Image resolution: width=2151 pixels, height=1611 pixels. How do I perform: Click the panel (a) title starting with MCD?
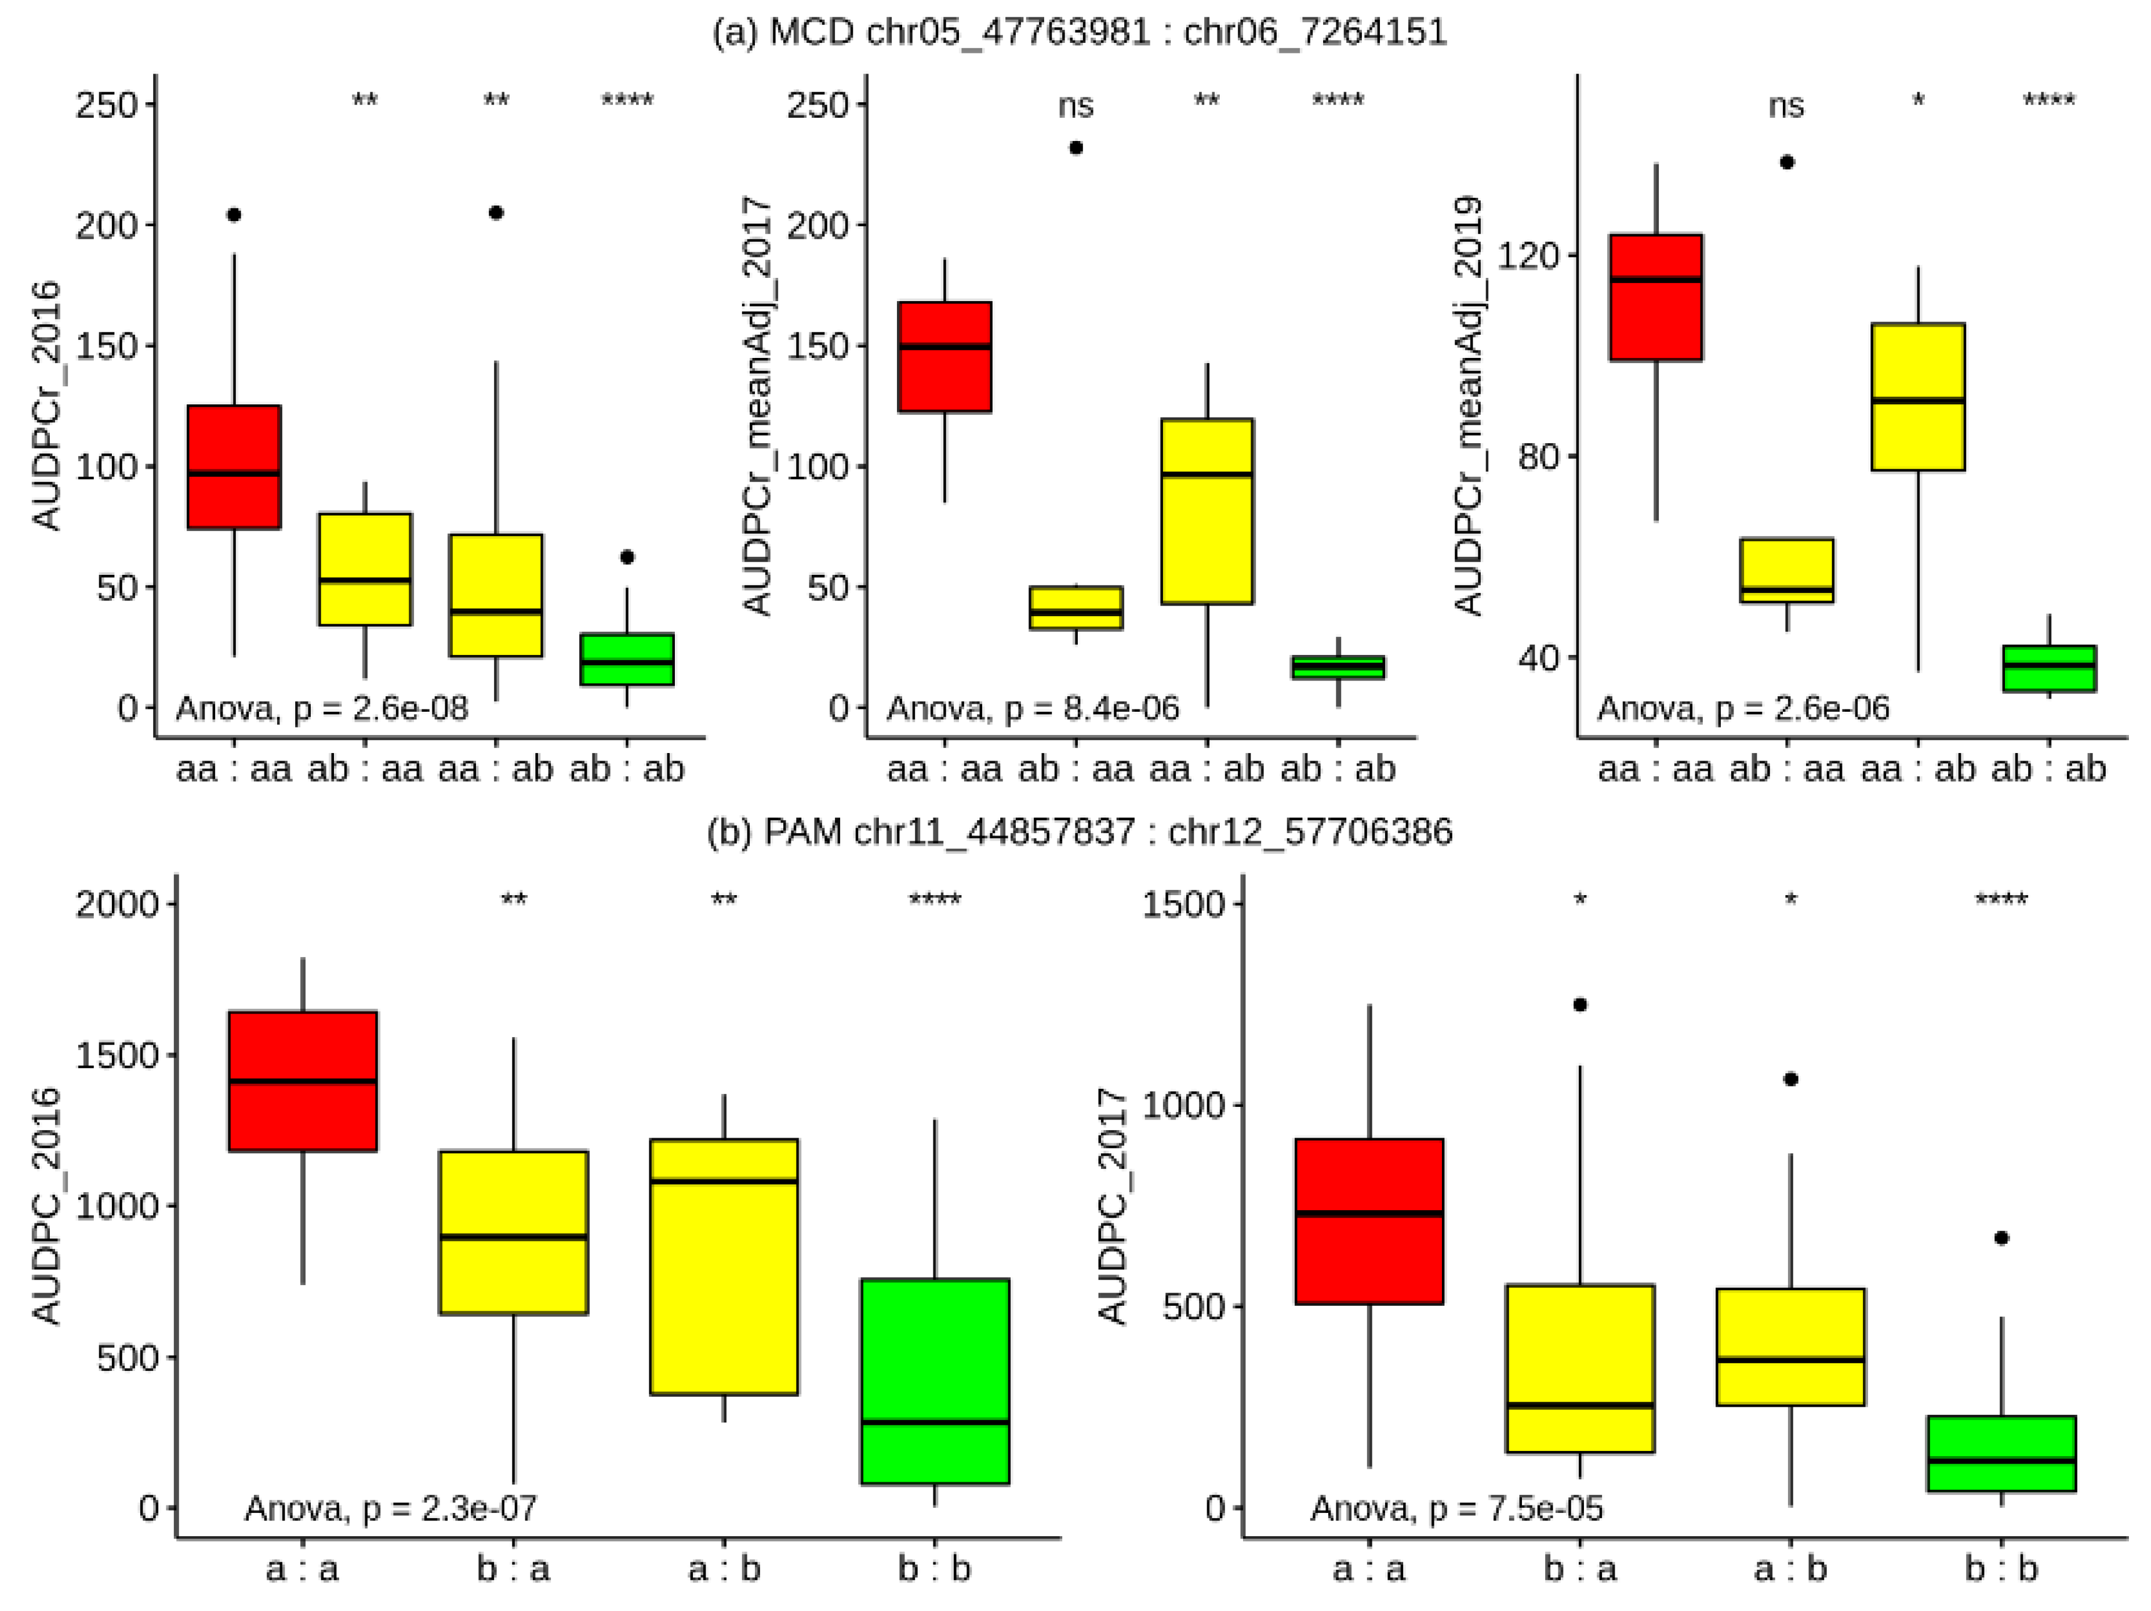[1080, 32]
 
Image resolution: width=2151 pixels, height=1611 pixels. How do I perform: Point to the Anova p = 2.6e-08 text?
[322, 708]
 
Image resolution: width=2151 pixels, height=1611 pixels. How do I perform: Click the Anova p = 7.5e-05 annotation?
[1456, 1508]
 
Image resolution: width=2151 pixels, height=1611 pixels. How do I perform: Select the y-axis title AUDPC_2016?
[47, 1206]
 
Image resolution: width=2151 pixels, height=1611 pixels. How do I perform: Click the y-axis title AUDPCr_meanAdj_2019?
[1469, 405]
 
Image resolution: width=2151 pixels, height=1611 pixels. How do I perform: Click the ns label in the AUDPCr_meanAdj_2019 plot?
[1786, 105]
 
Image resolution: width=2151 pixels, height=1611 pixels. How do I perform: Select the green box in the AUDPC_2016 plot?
[935, 1381]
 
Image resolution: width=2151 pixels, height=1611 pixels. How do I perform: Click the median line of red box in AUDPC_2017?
[1369, 1213]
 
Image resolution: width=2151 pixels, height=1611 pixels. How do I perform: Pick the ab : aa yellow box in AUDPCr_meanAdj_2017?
[1075, 608]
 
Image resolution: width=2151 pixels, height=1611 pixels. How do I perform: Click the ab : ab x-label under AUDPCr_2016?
[627, 769]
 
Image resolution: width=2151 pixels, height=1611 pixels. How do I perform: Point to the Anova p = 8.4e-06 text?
[1033, 708]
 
